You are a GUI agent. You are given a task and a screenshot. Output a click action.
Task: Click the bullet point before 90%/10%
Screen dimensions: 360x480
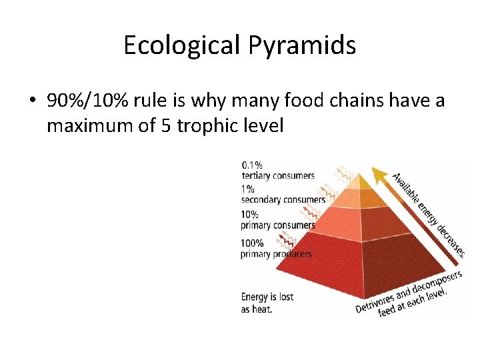(x=32, y=101)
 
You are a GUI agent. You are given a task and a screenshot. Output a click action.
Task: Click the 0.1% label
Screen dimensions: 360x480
(x=252, y=164)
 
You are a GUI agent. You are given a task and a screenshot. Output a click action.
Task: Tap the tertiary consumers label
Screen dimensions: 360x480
(x=278, y=175)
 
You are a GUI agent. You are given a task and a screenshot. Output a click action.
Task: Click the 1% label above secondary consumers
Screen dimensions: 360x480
(x=248, y=189)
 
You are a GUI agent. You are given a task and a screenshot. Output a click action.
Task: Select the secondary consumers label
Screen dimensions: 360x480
(x=283, y=199)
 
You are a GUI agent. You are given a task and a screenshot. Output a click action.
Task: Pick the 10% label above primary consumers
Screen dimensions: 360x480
(x=250, y=214)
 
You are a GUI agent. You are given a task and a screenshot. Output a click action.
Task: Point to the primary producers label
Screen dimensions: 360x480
(x=276, y=253)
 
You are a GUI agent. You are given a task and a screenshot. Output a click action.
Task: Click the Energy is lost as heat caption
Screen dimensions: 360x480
(x=267, y=303)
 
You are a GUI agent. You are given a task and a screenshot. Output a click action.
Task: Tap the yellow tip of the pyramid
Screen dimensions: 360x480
(x=360, y=181)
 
